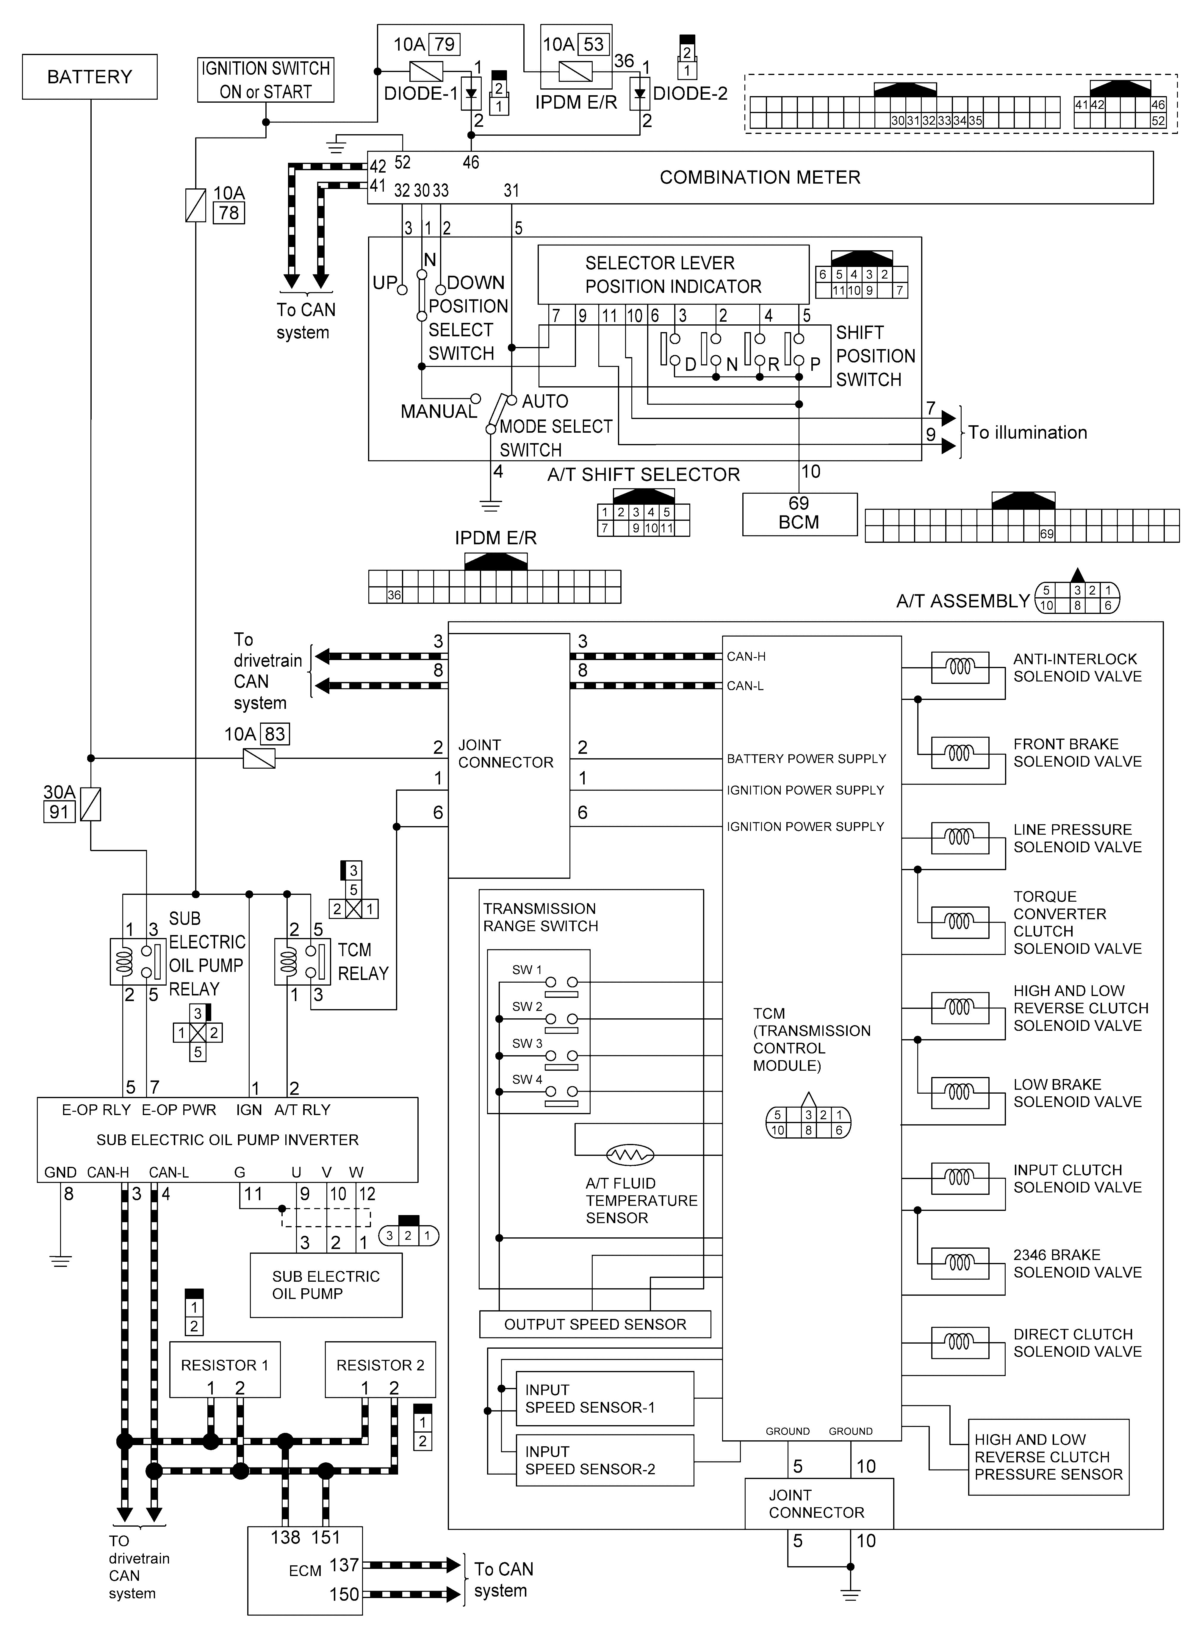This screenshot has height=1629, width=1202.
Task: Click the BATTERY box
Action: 90,76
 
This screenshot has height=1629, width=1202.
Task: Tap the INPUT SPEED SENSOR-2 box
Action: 604,1460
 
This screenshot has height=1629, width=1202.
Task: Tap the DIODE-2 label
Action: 690,94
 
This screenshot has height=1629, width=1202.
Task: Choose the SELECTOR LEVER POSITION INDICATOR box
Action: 673,274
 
